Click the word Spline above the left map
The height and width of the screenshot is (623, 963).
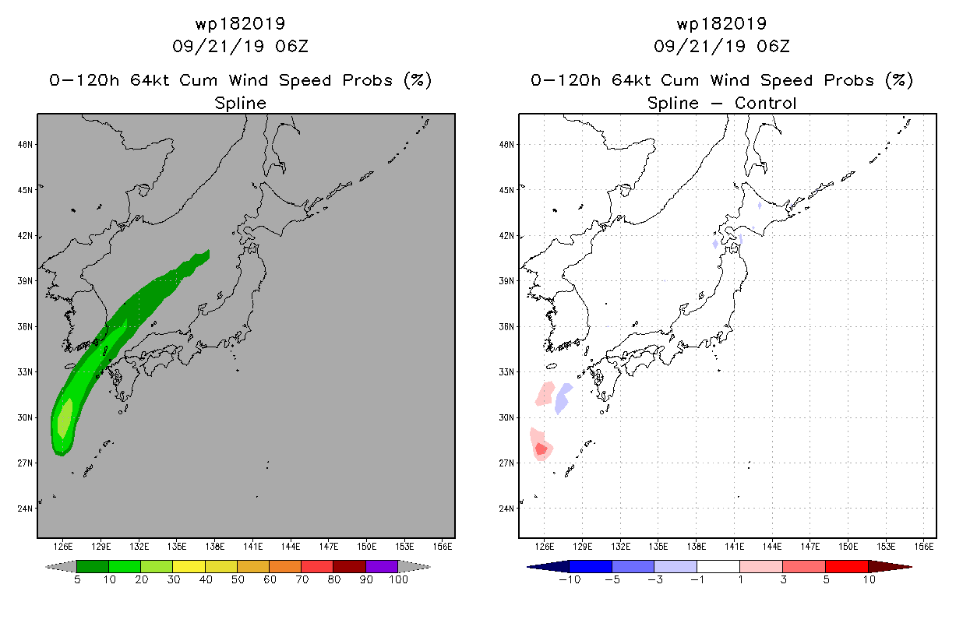tap(240, 103)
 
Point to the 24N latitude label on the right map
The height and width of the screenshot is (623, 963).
tap(508, 509)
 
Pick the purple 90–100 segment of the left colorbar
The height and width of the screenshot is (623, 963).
tap(382, 566)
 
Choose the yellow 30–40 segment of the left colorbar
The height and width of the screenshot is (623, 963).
tap(189, 566)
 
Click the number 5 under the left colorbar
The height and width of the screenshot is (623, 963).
tap(77, 580)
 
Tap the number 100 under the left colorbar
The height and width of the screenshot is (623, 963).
tap(398, 580)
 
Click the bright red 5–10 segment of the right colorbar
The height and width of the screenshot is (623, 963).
tap(846, 566)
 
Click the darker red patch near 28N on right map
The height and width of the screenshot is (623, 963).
tap(541, 449)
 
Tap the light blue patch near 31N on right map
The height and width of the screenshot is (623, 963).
tap(562, 397)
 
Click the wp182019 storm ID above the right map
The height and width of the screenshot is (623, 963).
tap(721, 24)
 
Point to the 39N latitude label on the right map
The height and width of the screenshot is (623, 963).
tap(508, 281)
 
